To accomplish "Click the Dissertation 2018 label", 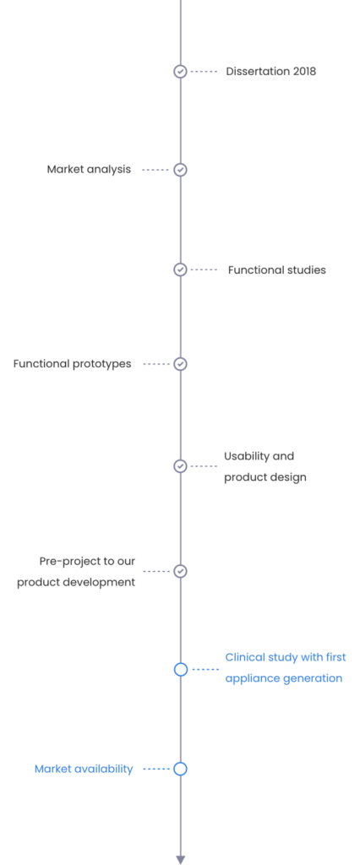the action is (270, 71).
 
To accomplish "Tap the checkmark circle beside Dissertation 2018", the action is (180, 71).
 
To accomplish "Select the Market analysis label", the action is (89, 169).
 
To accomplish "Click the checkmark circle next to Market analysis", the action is (180, 170).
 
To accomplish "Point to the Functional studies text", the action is (276, 269).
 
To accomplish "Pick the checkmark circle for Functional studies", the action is (180, 269).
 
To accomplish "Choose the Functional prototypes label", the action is (73, 364).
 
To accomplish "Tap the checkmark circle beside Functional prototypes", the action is (180, 364).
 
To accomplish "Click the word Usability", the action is (243, 456).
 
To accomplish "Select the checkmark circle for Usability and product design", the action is (180, 466).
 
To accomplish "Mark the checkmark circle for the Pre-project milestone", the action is (180, 571).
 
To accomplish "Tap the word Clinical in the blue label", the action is (245, 657).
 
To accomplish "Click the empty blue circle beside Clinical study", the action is (181, 669).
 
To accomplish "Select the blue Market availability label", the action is (84, 769).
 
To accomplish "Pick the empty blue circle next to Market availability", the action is (181, 769).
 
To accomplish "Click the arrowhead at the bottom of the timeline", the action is (181, 859).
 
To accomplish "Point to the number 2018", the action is (304, 71).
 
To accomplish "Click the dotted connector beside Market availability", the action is (156, 769).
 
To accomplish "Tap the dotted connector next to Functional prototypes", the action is (156, 364).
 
